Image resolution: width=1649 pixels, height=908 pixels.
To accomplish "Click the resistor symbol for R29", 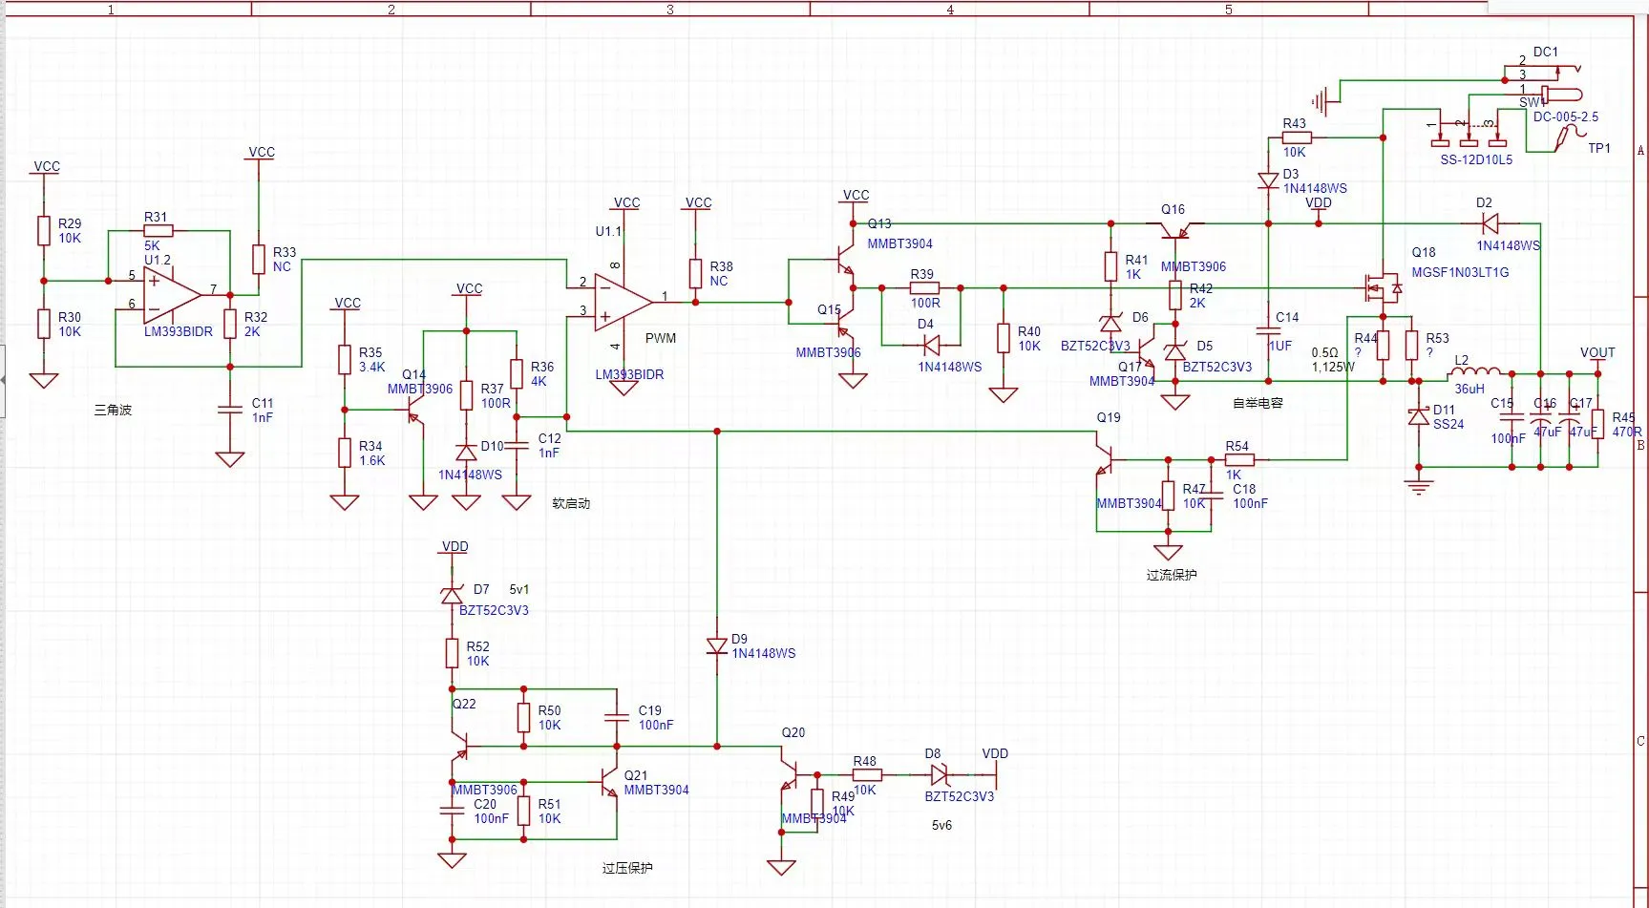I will coord(43,230).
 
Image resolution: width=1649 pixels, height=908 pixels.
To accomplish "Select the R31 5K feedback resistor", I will coord(159,230).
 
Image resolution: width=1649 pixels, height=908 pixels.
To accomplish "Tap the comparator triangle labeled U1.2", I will coord(170,295).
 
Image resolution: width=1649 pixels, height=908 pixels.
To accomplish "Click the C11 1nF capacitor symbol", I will coord(230,410).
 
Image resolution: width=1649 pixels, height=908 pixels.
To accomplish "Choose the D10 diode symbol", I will coord(466,452).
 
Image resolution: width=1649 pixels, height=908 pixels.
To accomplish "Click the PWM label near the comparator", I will coord(660,338).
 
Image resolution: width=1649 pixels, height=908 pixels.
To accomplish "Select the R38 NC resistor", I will coord(695,273).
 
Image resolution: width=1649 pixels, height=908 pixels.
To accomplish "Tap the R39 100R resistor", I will coord(923,287).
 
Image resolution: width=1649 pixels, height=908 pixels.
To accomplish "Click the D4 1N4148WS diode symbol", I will coord(931,345).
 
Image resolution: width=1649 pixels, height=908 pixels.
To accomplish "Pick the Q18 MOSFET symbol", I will coord(1383,286).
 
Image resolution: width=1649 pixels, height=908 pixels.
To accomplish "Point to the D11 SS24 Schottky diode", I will coord(1419,416).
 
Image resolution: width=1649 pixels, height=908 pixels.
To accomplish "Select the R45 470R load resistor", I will coord(1597,423).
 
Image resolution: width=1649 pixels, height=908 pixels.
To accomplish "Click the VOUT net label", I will coord(1597,352).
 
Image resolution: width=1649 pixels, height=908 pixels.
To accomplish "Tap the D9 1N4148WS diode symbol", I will coord(717,646).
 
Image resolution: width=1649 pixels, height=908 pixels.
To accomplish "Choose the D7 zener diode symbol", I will coord(452,595).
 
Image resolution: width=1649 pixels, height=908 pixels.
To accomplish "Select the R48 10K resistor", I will coord(866,775).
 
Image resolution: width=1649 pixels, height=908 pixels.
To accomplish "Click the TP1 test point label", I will coord(1598,148).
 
